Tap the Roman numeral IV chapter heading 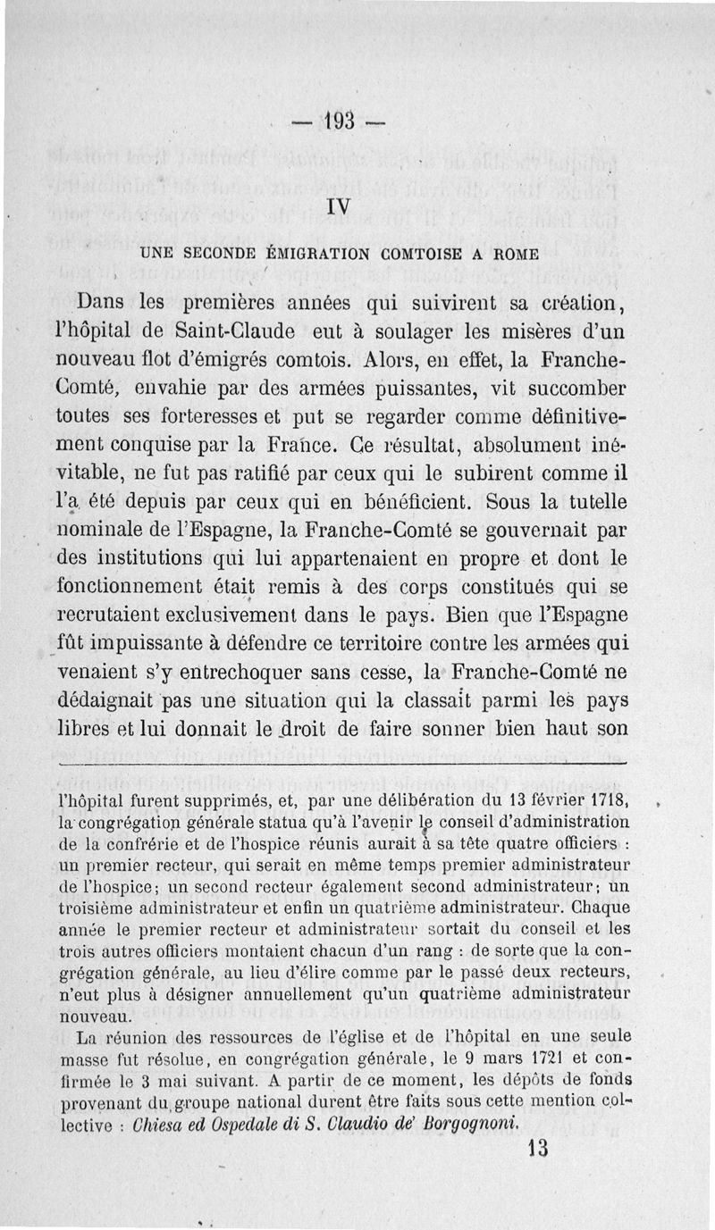click(338, 205)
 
